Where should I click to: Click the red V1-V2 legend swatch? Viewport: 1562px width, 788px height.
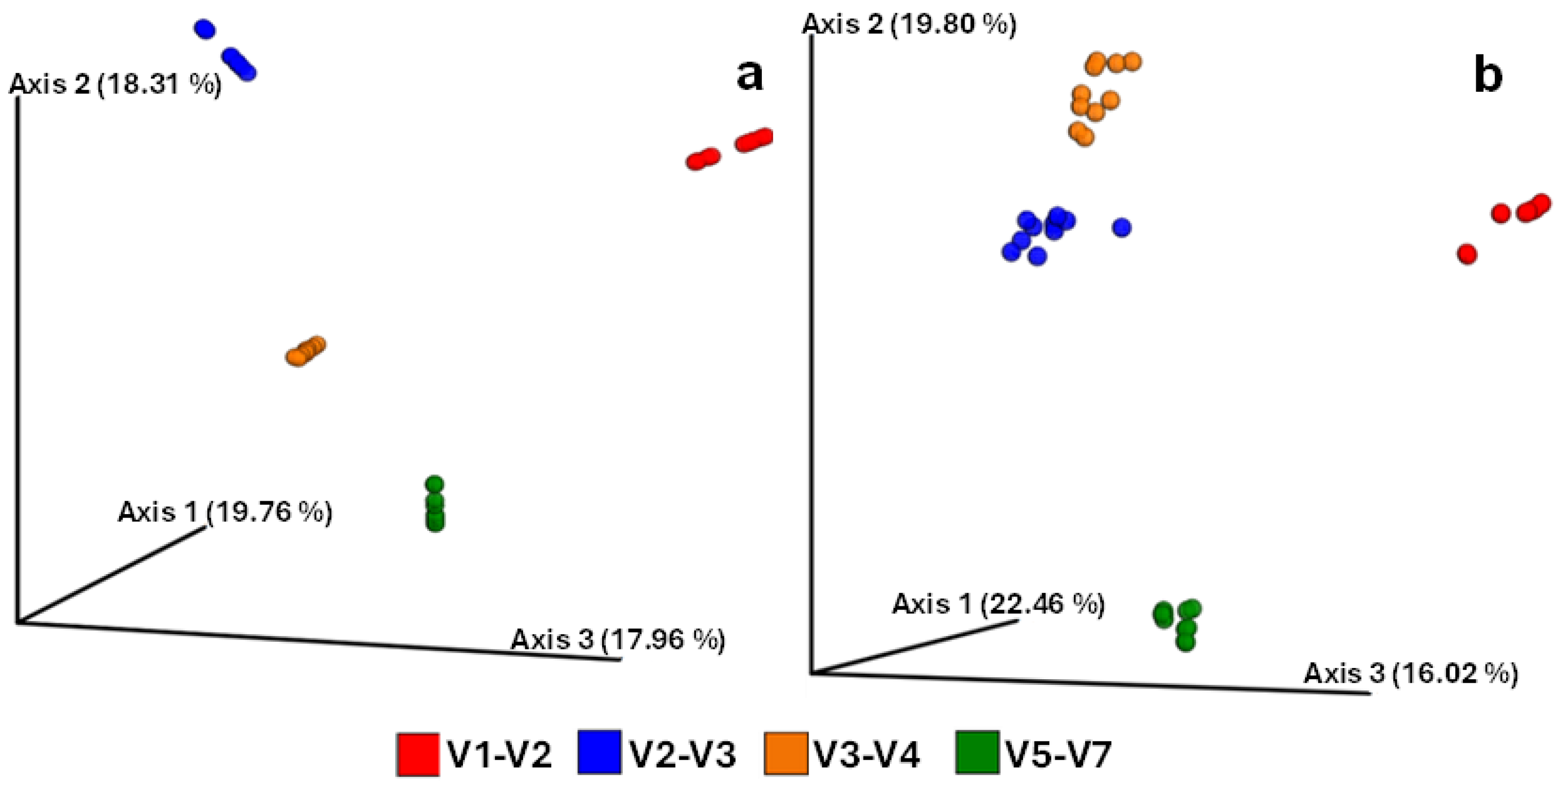pyautogui.click(x=418, y=755)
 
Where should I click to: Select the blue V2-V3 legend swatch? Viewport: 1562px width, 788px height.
pyautogui.click(x=599, y=753)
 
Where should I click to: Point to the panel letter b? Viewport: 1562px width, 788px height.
pyautogui.click(x=1488, y=77)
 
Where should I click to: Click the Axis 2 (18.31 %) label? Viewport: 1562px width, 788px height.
pyautogui.click(x=115, y=84)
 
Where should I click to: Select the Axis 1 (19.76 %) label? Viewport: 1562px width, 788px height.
pyautogui.click(x=225, y=512)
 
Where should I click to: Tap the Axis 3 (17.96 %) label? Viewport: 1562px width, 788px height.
pyautogui.click(x=618, y=640)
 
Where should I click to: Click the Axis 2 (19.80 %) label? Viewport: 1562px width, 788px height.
pyautogui.click(x=909, y=25)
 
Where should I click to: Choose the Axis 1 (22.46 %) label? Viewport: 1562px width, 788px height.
pyautogui.click(x=998, y=604)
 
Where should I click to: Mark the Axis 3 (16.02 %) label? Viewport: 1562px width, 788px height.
pyautogui.click(x=1411, y=674)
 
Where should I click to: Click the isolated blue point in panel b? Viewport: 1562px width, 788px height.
pyautogui.click(x=1122, y=227)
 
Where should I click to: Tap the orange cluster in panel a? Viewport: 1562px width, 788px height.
pyautogui.click(x=305, y=350)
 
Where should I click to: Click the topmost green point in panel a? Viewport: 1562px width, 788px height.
pyautogui.click(x=435, y=484)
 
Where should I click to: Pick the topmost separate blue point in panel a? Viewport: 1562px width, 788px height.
pyautogui.click(x=205, y=29)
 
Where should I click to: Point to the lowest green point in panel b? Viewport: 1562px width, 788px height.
pyautogui.click(x=1185, y=642)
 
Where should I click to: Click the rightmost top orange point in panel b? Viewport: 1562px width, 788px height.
pyautogui.click(x=1132, y=61)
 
